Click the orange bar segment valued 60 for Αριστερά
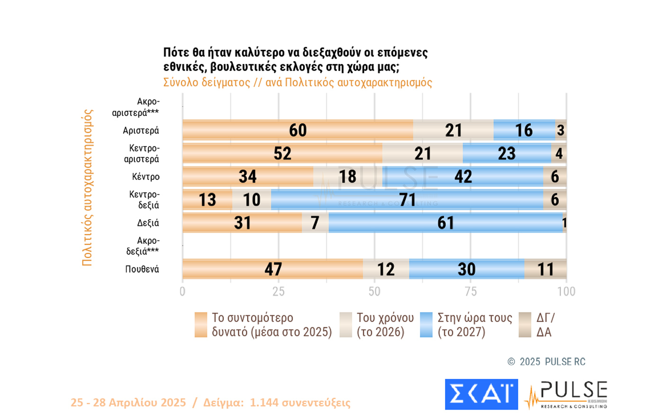click(298, 130)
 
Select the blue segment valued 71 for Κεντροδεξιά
click(407, 200)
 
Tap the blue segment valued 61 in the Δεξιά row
click(445, 223)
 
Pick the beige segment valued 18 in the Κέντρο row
click(347, 177)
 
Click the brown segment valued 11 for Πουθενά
click(545, 269)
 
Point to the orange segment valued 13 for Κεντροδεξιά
click(207, 200)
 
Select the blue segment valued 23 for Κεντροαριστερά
click(507, 153)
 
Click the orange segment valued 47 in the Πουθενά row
click(273, 269)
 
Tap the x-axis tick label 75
click(471, 291)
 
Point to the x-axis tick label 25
click(278, 291)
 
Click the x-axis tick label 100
click(566, 291)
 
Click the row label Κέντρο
click(146, 177)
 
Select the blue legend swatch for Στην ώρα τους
click(426, 325)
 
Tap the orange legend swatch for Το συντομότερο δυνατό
click(201, 325)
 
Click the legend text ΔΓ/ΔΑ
click(545, 325)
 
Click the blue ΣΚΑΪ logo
click(481, 394)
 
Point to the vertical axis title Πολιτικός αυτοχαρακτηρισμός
click(87, 187)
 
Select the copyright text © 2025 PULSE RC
click(546, 362)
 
